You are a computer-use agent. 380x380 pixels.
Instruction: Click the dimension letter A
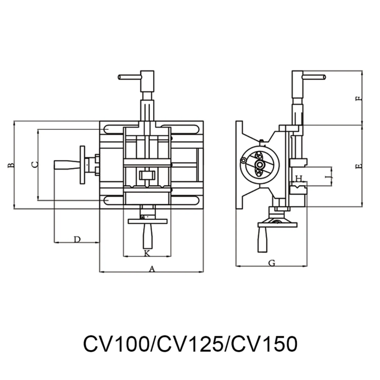click(x=151, y=268)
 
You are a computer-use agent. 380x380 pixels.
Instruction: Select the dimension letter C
click(x=34, y=164)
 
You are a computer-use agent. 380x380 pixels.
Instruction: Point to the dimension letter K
click(x=147, y=253)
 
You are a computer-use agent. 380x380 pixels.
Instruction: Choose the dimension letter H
click(x=298, y=178)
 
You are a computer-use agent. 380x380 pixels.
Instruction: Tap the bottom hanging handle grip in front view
click(x=147, y=236)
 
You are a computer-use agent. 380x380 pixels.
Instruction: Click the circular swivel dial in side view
click(x=259, y=163)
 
